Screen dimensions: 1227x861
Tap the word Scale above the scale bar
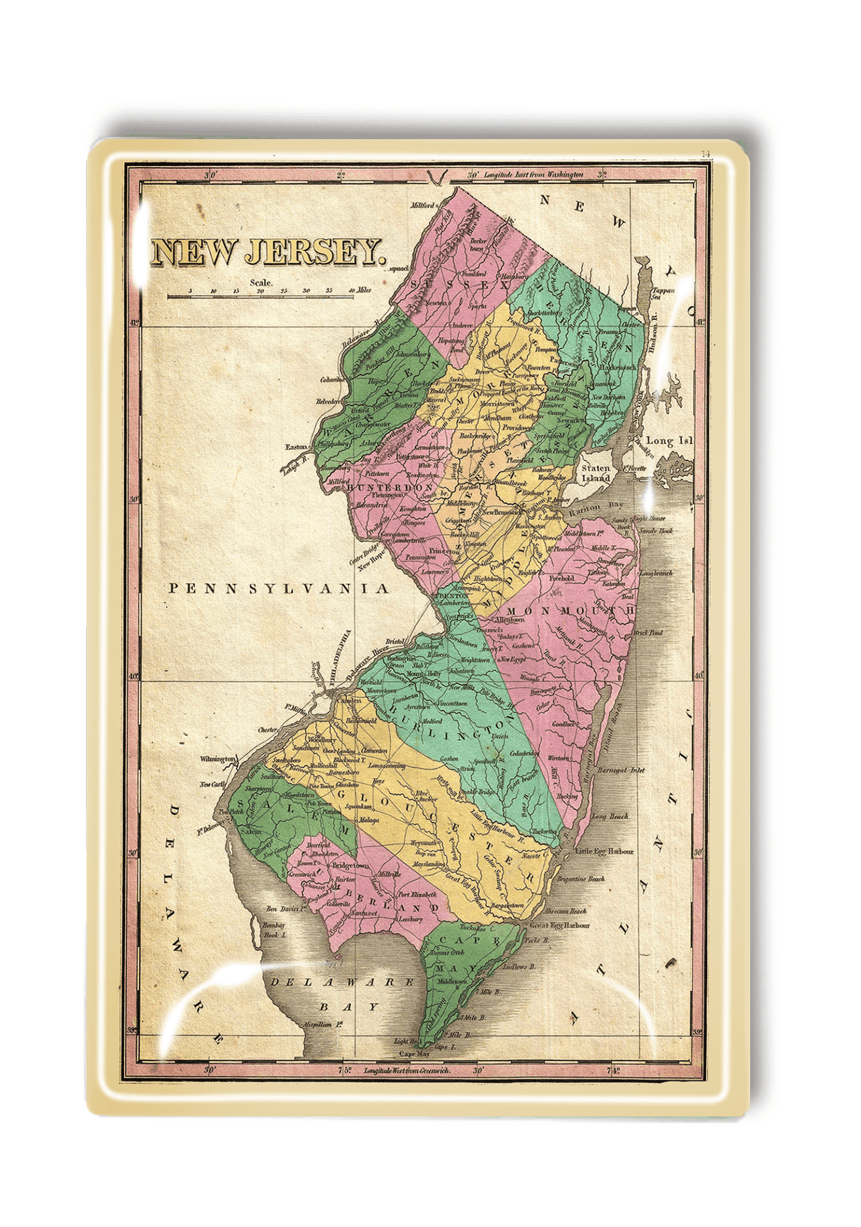pyautogui.click(x=261, y=283)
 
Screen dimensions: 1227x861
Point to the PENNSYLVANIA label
pyautogui.click(x=278, y=588)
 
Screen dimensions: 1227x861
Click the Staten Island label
pyautogui.click(x=596, y=473)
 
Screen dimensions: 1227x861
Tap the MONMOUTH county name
pyautogui.click(x=569, y=611)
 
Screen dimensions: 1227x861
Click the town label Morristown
pyautogui.click(x=497, y=404)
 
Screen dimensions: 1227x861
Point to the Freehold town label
pyautogui.click(x=562, y=579)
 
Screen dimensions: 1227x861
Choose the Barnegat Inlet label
pyautogui.click(x=621, y=770)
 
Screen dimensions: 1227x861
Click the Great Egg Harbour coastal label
pyautogui.click(x=559, y=926)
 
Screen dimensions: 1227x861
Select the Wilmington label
pyautogui.click(x=217, y=759)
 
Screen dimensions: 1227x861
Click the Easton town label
pyautogui.click(x=296, y=447)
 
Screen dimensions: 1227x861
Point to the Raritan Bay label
pyautogui.click(x=596, y=506)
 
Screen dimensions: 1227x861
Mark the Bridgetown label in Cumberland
pyautogui.click(x=351, y=866)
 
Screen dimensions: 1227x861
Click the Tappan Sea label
pyautogui.click(x=663, y=293)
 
